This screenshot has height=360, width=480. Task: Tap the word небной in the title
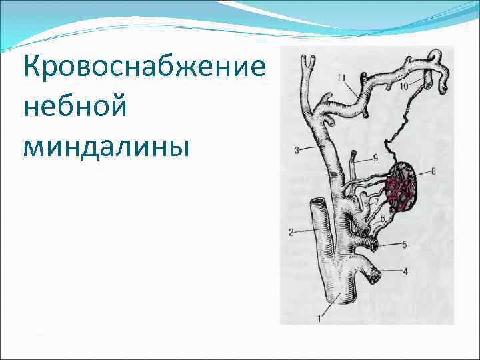click(x=75, y=107)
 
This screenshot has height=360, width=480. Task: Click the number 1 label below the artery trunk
click(x=319, y=319)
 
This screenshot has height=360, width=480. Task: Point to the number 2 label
click(x=291, y=232)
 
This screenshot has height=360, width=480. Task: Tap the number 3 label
click(x=297, y=150)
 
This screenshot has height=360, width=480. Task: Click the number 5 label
click(x=404, y=245)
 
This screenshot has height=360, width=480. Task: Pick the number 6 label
click(x=382, y=218)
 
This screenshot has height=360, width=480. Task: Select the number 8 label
click(x=434, y=171)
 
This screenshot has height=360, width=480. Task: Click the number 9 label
click(x=375, y=157)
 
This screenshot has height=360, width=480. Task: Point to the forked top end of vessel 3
click(x=308, y=61)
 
